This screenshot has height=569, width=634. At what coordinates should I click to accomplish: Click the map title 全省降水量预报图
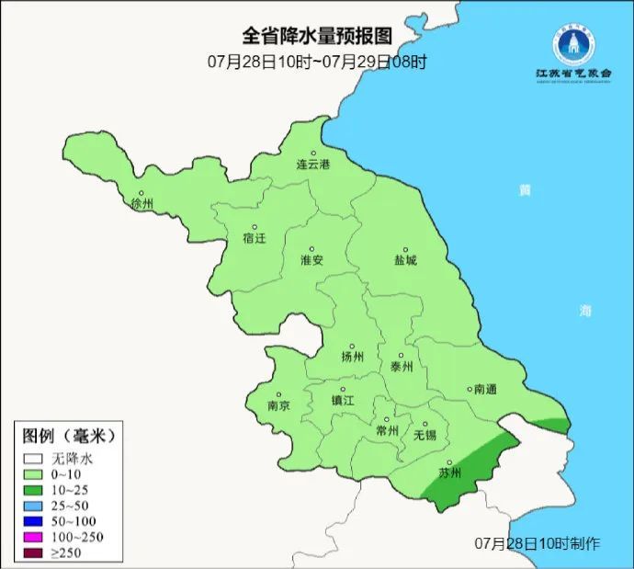[x=317, y=36]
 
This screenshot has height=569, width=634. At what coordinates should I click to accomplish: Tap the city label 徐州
[x=142, y=203]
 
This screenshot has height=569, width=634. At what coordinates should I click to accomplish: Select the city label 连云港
[x=312, y=165]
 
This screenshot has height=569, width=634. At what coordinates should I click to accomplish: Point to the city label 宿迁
[x=254, y=238]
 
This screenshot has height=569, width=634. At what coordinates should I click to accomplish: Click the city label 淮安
[x=311, y=260]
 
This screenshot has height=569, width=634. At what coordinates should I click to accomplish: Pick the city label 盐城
[x=405, y=260]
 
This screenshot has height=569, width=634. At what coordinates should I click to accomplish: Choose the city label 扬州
[x=352, y=357]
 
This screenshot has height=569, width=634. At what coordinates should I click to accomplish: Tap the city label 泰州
[x=402, y=366]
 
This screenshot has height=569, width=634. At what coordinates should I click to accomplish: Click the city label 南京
[x=278, y=405]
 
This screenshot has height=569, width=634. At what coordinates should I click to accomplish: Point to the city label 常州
[x=387, y=429]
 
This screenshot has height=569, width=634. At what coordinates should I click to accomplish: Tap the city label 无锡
[x=425, y=434]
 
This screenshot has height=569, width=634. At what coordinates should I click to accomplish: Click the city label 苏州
[x=449, y=473]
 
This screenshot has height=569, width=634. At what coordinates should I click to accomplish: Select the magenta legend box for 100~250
[x=34, y=537]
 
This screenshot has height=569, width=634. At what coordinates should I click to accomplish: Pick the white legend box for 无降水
[x=34, y=457]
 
